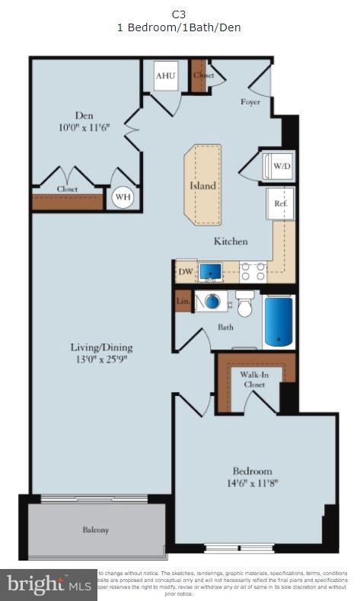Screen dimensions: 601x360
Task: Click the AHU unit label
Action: (x=165, y=76)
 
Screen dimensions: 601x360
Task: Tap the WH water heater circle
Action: (x=123, y=198)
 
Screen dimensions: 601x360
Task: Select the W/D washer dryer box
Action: (x=280, y=165)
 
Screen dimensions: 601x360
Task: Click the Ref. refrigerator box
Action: (x=279, y=203)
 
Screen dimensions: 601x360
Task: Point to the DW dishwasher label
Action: (x=185, y=272)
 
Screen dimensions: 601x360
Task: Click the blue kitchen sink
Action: (x=210, y=272)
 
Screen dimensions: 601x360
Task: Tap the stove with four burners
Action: (x=253, y=272)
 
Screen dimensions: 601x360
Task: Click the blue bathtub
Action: (x=278, y=321)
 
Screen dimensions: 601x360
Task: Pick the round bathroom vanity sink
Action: (x=212, y=302)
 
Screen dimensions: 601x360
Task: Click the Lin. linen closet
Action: (x=183, y=302)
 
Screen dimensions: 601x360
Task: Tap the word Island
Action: (x=202, y=185)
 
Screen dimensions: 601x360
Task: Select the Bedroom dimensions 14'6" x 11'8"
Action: (x=252, y=483)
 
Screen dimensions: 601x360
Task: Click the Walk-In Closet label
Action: (x=254, y=379)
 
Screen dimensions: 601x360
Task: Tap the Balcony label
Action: (x=96, y=529)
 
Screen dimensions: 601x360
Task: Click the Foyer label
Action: (x=250, y=102)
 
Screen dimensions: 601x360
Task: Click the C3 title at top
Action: (x=179, y=14)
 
